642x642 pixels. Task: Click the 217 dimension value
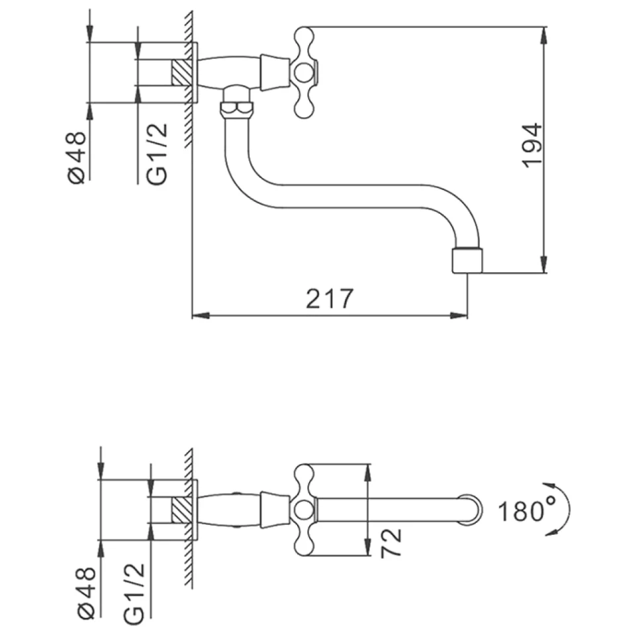point(329,298)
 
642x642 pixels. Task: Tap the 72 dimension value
point(391,543)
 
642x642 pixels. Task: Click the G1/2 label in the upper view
point(157,154)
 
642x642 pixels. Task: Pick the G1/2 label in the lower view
point(134,594)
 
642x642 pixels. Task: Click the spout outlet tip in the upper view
point(467,260)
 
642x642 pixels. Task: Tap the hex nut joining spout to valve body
point(236,109)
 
